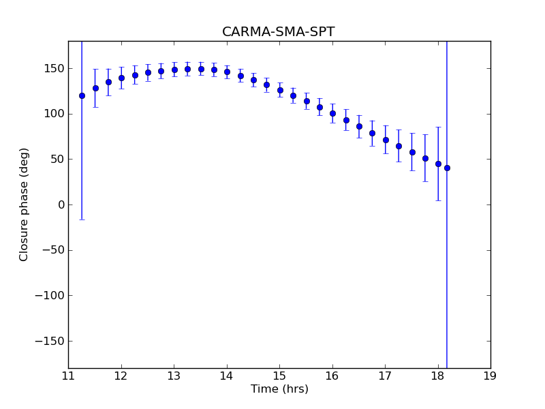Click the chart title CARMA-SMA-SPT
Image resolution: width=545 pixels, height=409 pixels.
coord(278,32)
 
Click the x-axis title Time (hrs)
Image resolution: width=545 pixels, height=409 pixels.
coord(279,389)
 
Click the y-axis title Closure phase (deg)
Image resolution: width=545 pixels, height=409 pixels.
coord(25,204)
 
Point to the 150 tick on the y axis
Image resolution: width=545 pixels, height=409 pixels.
coord(53,69)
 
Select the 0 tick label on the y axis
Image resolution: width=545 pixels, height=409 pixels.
coord(60,205)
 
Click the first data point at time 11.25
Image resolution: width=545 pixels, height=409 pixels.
coord(82,95)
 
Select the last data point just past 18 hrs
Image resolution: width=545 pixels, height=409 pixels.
coord(447,168)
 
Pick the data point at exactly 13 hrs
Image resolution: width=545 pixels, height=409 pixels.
coord(174,70)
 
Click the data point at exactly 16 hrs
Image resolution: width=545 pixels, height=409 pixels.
coord(332,113)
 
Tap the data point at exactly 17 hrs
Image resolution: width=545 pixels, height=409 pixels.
coord(386,140)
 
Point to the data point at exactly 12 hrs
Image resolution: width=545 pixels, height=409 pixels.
coord(121,78)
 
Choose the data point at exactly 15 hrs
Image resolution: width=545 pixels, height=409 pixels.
coord(280,90)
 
